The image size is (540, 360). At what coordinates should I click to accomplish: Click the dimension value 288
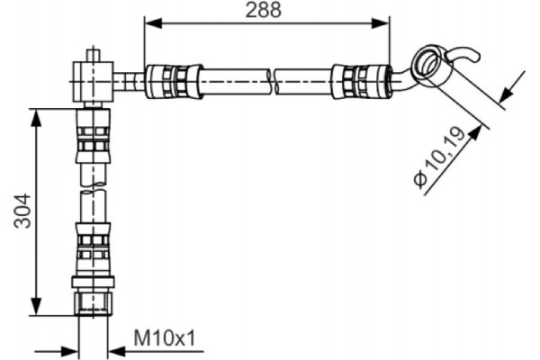(265, 11)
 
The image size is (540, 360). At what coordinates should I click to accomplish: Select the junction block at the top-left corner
(94, 80)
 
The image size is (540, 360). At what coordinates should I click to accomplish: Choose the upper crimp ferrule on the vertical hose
(93, 139)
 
